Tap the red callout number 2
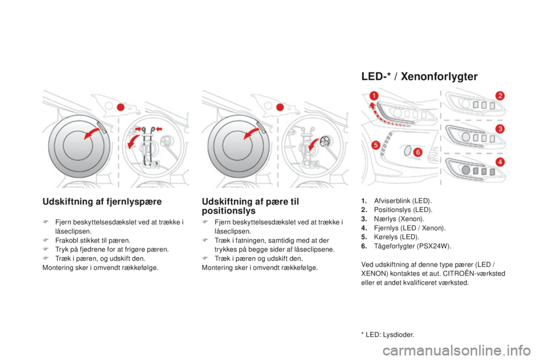pyautogui.click(x=500, y=96)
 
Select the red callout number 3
pyautogui.click(x=500, y=129)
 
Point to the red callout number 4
pyautogui.click(x=500, y=161)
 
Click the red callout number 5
pyautogui.click(x=376, y=145)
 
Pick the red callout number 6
pyautogui.click(x=418, y=152)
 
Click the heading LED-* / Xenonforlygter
pyautogui.click(x=420, y=76)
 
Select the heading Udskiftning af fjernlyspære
pyautogui.click(x=102, y=201)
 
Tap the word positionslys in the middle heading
pyautogui.click(x=229, y=211)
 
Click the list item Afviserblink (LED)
pyautogui.click(x=403, y=201)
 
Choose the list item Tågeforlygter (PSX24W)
pyautogui.click(x=412, y=246)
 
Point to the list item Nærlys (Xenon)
pyautogui.click(x=399, y=219)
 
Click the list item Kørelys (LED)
pyautogui.click(x=397, y=237)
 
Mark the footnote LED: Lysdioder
pyautogui.click(x=388, y=335)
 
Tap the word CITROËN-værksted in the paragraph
pyautogui.click(x=474, y=273)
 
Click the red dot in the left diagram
pyautogui.click(x=120, y=107)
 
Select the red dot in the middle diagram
pyautogui.click(x=280, y=107)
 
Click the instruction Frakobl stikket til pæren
pyautogui.click(x=93, y=240)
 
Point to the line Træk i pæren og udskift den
pyautogui.click(x=259, y=258)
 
